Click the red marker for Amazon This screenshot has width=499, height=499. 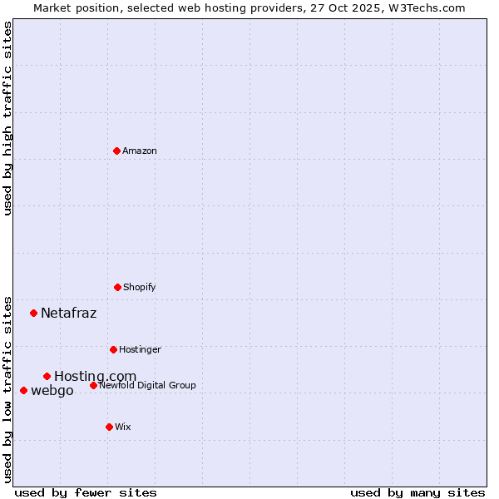click(x=116, y=151)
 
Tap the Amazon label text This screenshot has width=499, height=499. click(x=140, y=151)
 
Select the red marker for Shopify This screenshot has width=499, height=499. click(x=117, y=287)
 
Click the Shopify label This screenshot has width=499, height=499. click(x=140, y=288)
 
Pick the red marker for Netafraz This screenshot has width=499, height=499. click(x=33, y=313)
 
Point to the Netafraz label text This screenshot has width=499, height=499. click(x=68, y=314)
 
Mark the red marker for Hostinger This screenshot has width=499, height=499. click(x=113, y=349)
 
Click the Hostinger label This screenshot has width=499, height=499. click(x=140, y=350)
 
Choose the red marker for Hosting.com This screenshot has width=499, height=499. click(x=47, y=376)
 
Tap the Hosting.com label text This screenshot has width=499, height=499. click(x=95, y=377)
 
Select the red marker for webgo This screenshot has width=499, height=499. click(x=23, y=390)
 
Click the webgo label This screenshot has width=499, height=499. click(x=52, y=391)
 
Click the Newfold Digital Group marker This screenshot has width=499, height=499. click(x=93, y=385)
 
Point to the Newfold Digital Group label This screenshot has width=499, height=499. click(x=147, y=386)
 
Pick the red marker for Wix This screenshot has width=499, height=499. click(x=109, y=427)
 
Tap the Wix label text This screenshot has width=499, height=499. click(x=123, y=427)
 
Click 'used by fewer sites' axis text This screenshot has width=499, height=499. click(x=86, y=493)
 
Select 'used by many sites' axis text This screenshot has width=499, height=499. click(x=417, y=493)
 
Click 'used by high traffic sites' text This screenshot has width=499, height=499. click(x=7, y=118)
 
